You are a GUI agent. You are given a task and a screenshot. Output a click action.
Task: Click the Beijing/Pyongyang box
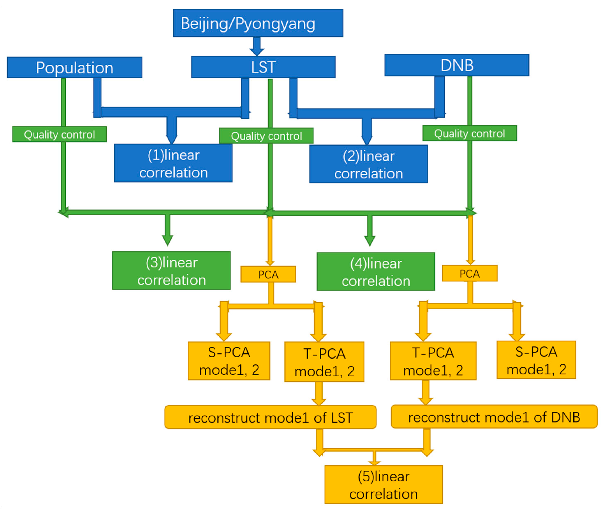pos(258,23)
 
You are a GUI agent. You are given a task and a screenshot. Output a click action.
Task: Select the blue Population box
pos(74,68)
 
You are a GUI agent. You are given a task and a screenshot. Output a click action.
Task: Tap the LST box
pos(263,67)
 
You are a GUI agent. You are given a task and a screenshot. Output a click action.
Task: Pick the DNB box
pos(457,65)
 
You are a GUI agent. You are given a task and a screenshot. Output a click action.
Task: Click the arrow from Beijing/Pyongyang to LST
pos(257,46)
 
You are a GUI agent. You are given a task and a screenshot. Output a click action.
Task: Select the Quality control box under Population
pos(59,134)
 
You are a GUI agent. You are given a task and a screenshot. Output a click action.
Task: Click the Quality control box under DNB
pos(469,133)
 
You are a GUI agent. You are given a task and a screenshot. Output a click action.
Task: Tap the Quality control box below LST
pos(266,136)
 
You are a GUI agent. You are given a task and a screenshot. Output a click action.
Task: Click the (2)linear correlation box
pos(368,164)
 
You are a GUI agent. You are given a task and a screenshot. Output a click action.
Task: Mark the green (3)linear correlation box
pos(171,271)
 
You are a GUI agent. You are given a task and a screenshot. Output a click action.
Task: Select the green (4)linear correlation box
pos(376,272)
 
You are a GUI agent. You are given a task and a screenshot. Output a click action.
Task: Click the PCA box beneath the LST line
pos(268,274)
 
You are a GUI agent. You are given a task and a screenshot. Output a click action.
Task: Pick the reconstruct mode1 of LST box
pos(270,417)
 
